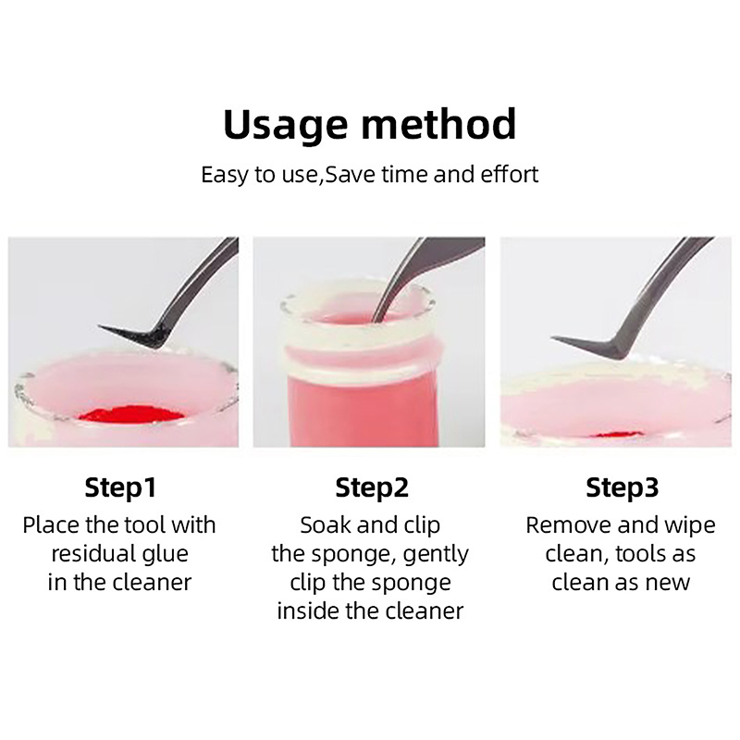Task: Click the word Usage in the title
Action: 286,126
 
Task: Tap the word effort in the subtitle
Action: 510,174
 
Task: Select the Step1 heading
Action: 120,488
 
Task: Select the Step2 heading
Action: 372,488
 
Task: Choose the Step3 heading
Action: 622,488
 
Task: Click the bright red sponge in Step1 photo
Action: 130,413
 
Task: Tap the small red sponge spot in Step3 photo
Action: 614,435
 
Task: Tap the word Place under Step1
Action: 51,525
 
